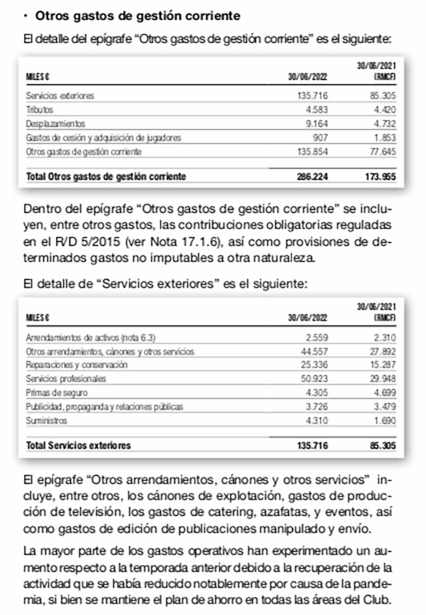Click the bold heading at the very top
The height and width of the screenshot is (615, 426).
(x=137, y=16)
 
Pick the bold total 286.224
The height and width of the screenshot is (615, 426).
(x=312, y=176)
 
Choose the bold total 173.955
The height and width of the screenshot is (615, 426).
(x=380, y=176)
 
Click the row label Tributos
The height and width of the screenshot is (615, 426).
(x=39, y=110)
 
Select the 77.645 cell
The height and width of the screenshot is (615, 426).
(x=382, y=152)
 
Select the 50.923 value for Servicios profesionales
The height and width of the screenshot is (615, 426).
(x=314, y=379)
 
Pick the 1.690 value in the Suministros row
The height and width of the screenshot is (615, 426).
(x=384, y=421)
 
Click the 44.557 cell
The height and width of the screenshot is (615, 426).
(x=314, y=351)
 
